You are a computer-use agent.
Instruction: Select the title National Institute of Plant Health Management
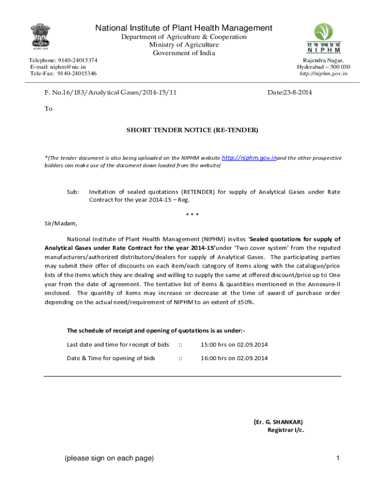click(x=184, y=28)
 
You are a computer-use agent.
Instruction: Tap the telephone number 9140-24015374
click(x=77, y=60)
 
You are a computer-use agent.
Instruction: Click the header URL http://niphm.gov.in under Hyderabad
click(x=323, y=73)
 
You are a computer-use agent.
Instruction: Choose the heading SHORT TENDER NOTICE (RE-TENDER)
click(x=192, y=130)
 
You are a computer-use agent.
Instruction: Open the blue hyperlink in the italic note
click(x=249, y=157)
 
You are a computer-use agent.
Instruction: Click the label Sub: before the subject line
click(x=73, y=192)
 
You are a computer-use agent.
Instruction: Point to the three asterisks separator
click(x=192, y=214)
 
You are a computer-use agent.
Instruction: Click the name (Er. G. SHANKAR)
click(x=278, y=421)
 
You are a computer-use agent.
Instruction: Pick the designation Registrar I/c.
click(x=286, y=430)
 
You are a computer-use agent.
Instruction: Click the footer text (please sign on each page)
click(x=109, y=458)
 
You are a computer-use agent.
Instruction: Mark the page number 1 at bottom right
click(x=338, y=458)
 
